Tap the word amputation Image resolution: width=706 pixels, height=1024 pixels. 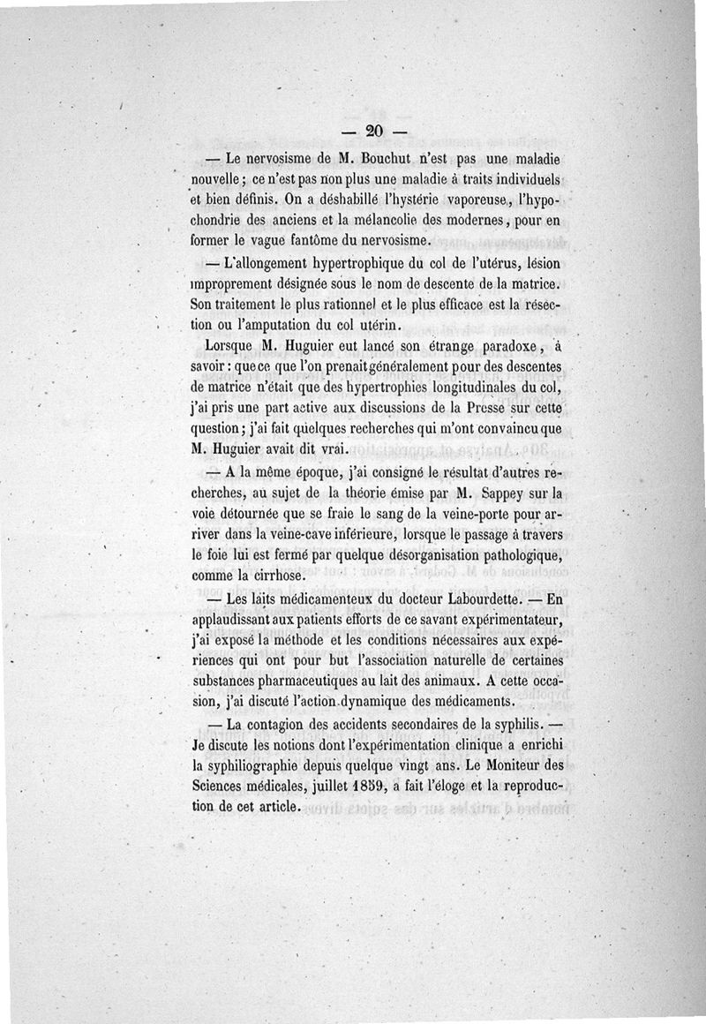pos(282,323)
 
